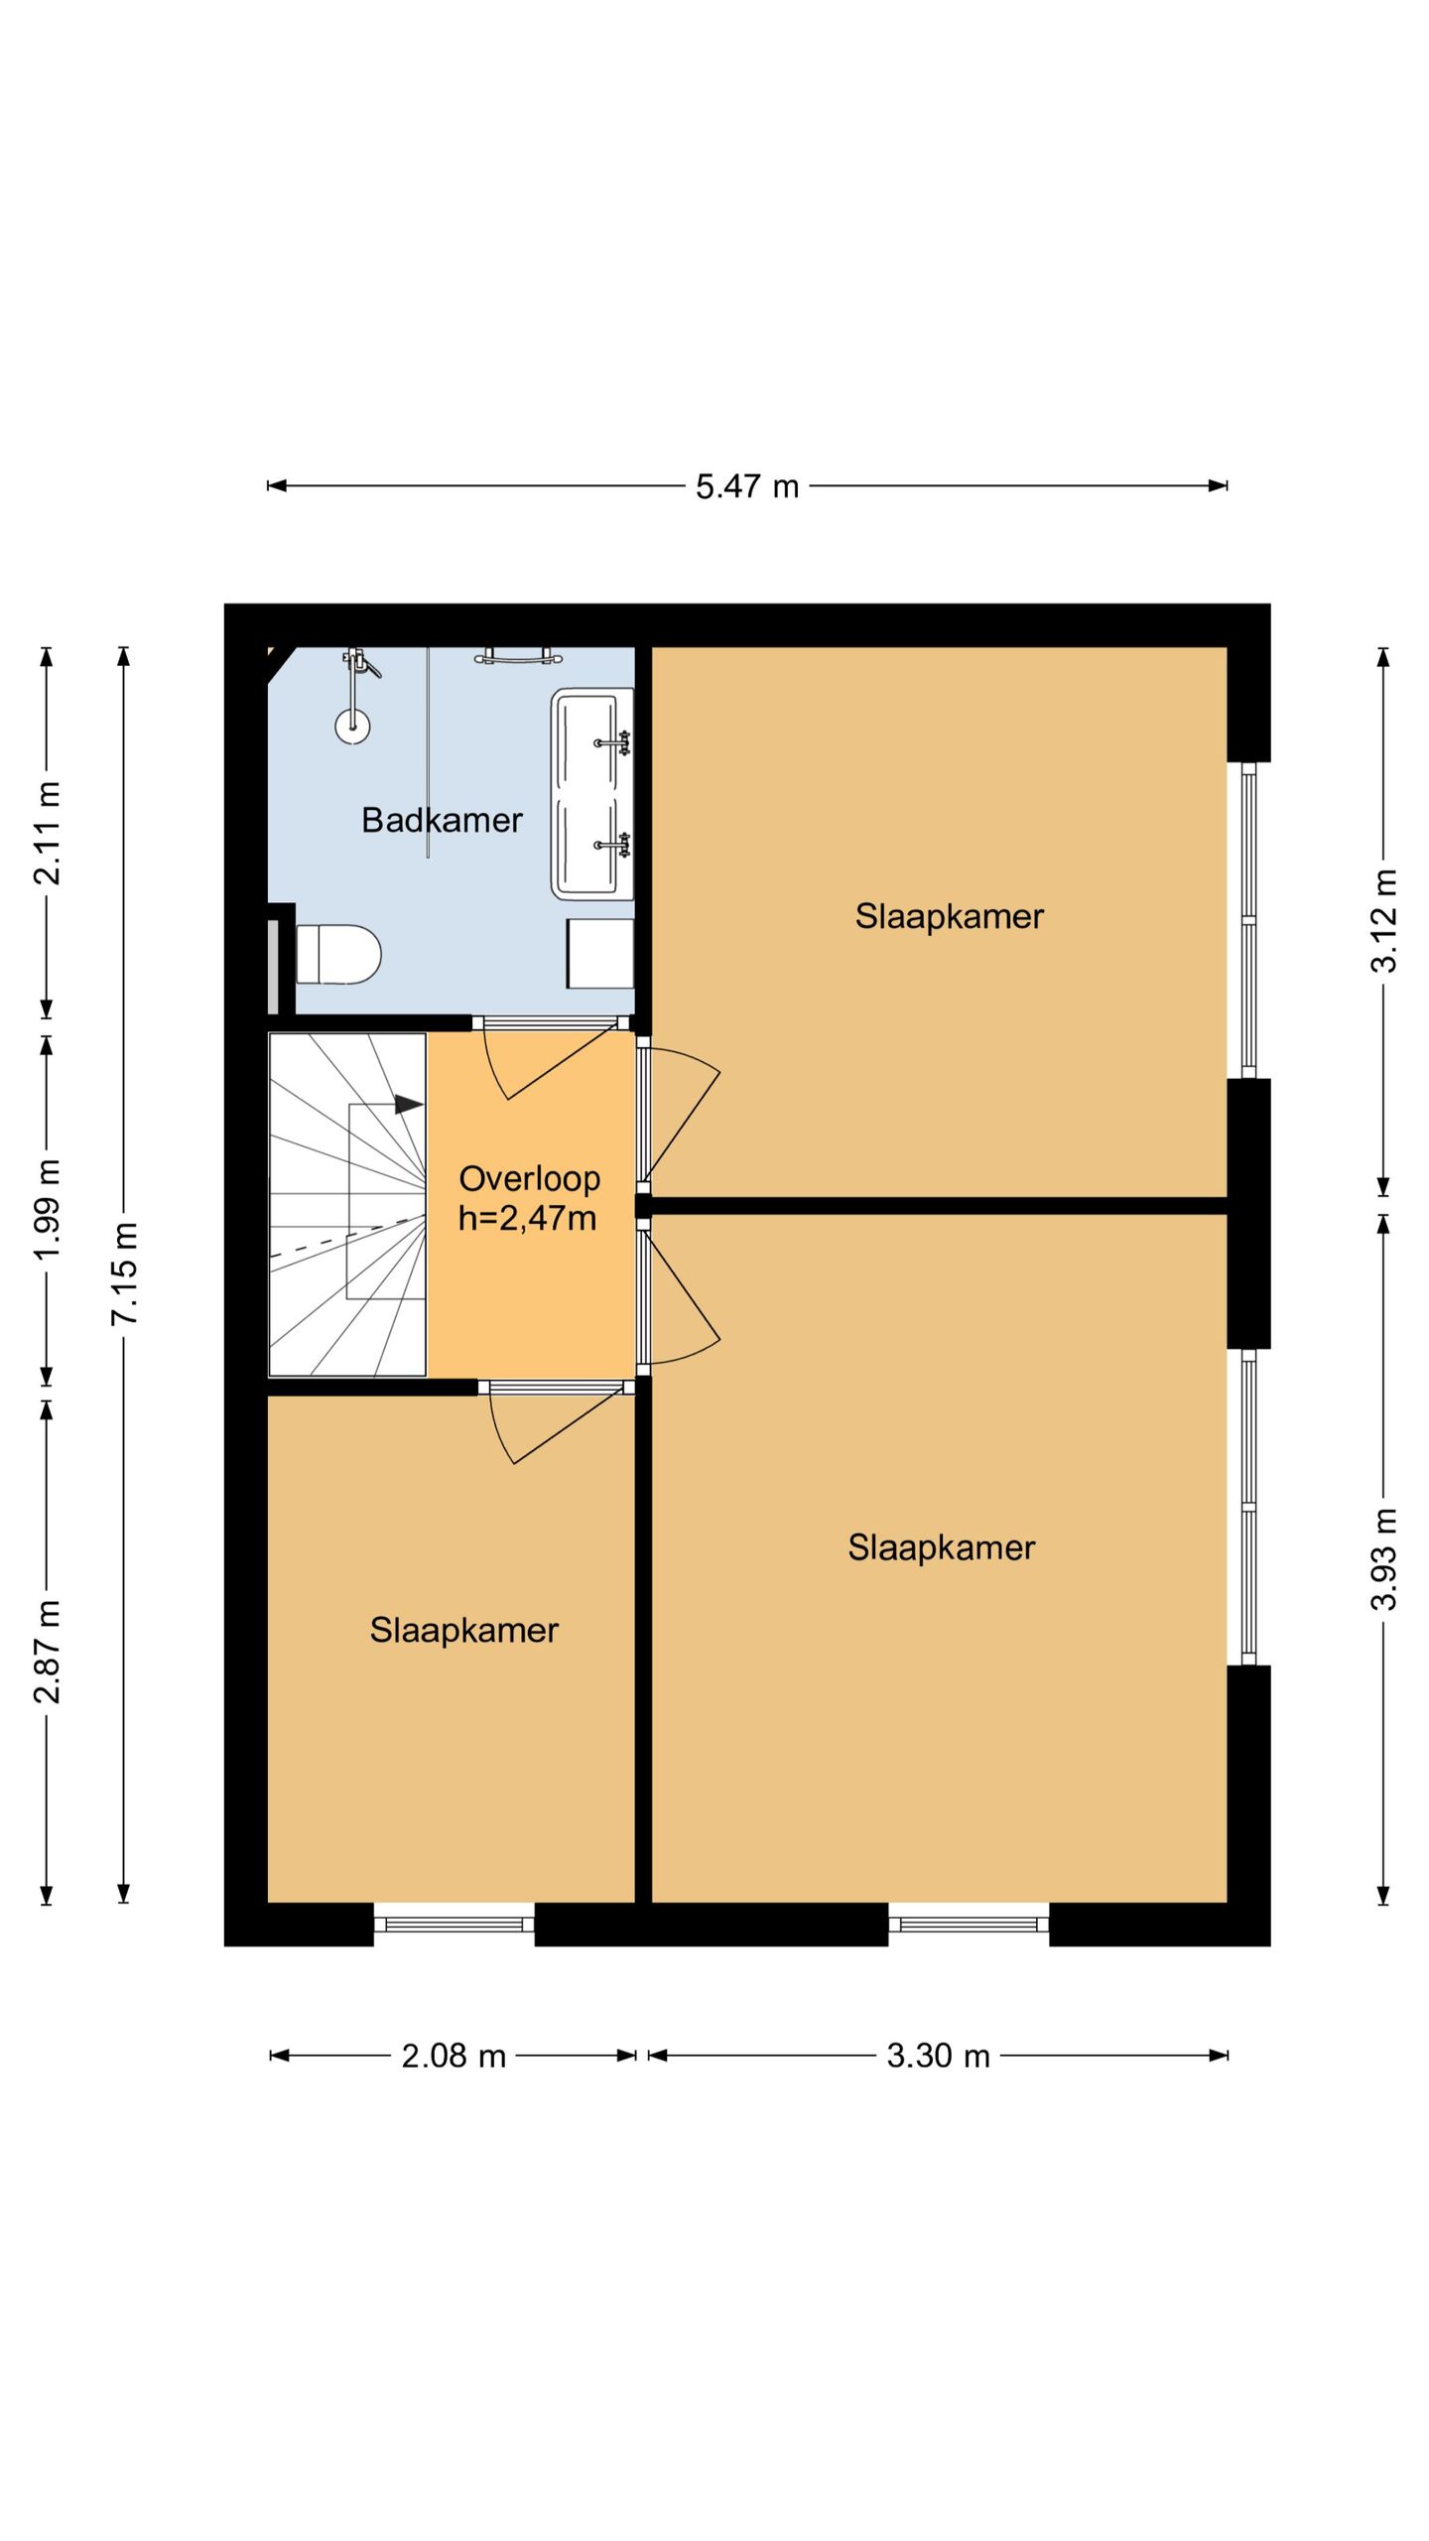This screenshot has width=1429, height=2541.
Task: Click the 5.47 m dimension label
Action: pyautogui.click(x=746, y=486)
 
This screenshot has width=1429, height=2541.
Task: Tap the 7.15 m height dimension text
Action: pyautogui.click(x=124, y=1273)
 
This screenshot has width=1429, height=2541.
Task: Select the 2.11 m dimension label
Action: pyautogui.click(x=47, y=832)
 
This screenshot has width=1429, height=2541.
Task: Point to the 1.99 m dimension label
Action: pyautogui.click(x=47, y=1209)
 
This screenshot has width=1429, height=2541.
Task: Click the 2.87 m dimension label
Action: pyautogui.click(x=47, y=1652)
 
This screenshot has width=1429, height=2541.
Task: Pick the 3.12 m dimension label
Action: pyautogui.click(x=1383, y=920)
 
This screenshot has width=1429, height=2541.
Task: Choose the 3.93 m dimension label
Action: pyautogui.click(x=1383, y=1559)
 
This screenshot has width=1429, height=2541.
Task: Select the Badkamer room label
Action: pyautogui.click(x=442, y=820)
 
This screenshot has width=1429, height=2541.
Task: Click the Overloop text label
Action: pyautogui.click(x=529, y=1178)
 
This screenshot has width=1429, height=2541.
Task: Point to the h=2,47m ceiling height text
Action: pyautogui.click(x=527, y=1218)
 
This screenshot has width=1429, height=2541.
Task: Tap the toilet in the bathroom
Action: pyautogui.click(x=338, y=954)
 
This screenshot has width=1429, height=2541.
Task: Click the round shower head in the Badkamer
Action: pyautogui.click(x=352, y=727)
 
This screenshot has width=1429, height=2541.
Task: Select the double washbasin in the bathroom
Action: pyautogui.click(x=592, y=793)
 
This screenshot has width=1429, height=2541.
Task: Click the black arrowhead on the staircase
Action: pyautogui.click(x=409, y=1104)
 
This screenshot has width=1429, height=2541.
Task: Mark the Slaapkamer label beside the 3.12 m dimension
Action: pyautogui.click(x=949, y=916)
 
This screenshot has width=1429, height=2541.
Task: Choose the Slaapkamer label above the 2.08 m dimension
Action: pyautogui.click(x=463, y=1630)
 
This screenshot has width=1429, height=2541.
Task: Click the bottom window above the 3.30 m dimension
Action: pyautogui.click(x=969, y=1925)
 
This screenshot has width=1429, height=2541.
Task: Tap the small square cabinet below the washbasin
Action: pyautogui.click(x=600, y=953)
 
